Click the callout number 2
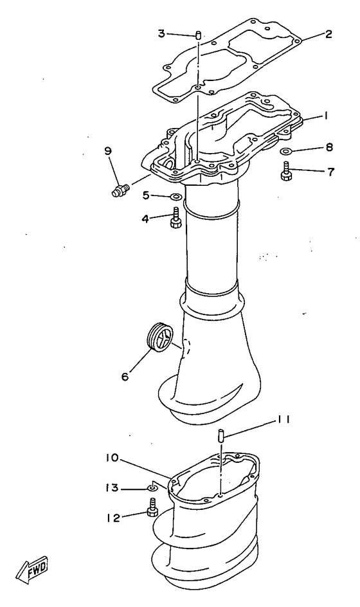click(x=328, y=35)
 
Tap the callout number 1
click(x=327, y=116)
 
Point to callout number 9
click(x=108, y=151)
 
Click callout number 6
click(x=125, y=374)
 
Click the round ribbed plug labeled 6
click(x=159, y=337)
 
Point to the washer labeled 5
click(x=175, y=195)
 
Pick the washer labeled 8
click(x=287, y=152)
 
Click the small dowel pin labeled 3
click(x=199, y=35)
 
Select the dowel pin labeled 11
click(x=220, y=435)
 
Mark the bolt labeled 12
click(x=153, y=512)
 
